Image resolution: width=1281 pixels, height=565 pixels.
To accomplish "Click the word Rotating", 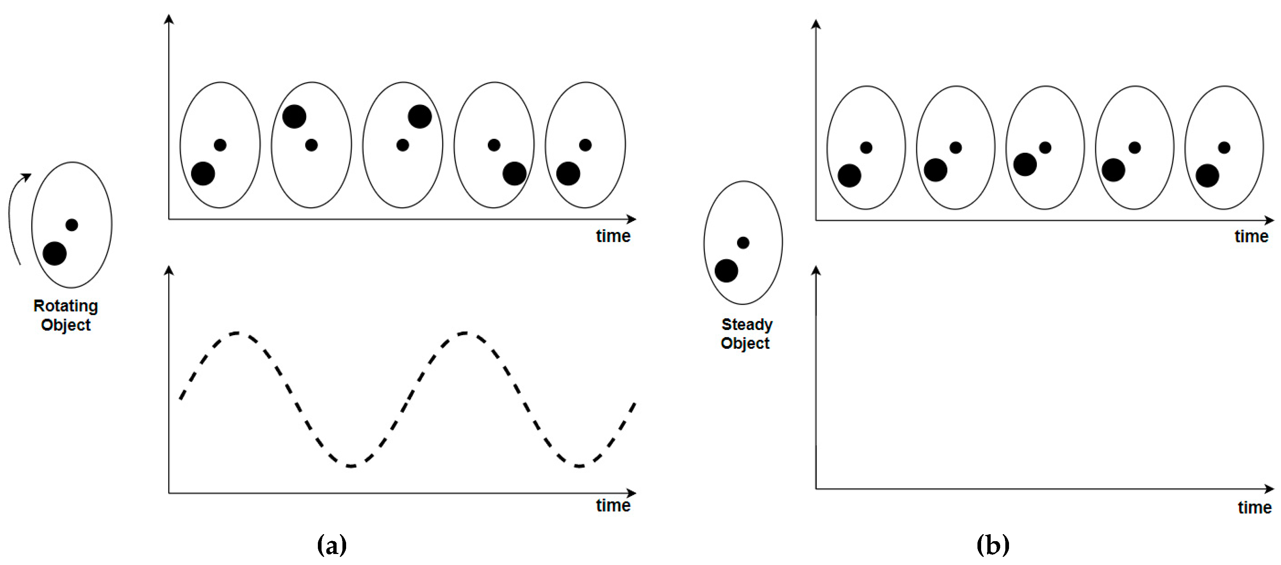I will (x=66, y=306).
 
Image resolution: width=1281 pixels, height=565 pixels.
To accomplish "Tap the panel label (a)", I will (x=332, y=545).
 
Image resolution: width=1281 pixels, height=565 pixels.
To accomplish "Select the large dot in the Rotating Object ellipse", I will (x=55, y=254).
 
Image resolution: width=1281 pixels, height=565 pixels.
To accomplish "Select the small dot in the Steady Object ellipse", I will (x=743, y=243).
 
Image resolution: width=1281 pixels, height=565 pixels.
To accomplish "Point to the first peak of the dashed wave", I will (x=237, y=333).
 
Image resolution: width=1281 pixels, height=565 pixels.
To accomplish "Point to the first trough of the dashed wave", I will (x=351, y=466).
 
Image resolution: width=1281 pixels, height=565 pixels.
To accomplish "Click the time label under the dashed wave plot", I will (x=613, y=505).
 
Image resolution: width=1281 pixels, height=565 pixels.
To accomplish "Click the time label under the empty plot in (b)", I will (x=1255, y=507).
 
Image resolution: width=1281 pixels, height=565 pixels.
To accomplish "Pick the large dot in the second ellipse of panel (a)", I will (x=294, y=117).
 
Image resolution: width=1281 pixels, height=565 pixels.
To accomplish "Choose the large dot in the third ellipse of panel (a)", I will (x=420, y=117).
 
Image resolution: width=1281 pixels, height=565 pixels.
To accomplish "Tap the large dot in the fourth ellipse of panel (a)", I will (x=514, y=174).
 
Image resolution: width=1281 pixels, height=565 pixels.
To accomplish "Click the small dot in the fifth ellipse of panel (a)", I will (x=585, y=145).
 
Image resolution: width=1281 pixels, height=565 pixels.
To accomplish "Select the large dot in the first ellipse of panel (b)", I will (x=849, y=175).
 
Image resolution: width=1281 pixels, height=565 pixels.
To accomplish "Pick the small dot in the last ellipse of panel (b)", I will (x=1224, y=148).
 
